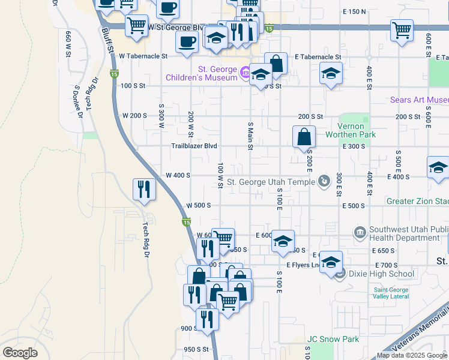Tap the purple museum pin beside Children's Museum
(245, 73)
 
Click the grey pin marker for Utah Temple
(324, 180)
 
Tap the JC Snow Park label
(333, 339)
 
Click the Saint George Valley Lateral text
(391, 293)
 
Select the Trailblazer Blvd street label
(194, 146)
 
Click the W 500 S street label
(198, 205)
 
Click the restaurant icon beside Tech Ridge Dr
(144, 189)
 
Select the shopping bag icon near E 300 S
(304, 137)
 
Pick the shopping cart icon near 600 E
(401, 29)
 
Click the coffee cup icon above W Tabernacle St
(187, 41)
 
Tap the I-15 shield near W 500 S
(186, 223)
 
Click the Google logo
(20, 353)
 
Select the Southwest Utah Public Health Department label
(408, 233)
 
